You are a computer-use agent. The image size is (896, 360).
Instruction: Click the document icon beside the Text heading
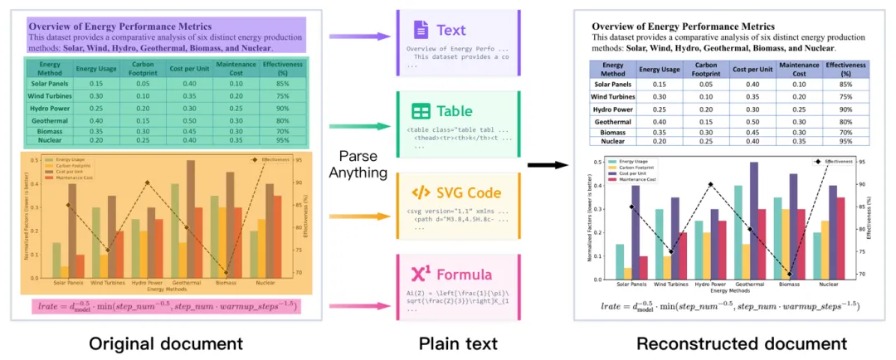421,31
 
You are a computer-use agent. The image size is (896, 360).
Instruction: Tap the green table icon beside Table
421,111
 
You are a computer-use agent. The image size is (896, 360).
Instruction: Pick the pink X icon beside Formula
421,274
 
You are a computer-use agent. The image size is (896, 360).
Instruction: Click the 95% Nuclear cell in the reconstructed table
845,141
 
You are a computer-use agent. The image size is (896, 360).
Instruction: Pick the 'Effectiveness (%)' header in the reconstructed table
845,69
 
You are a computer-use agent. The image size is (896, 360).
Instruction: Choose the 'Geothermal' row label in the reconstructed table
613,122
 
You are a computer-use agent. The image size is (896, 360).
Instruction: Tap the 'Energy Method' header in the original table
50,68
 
